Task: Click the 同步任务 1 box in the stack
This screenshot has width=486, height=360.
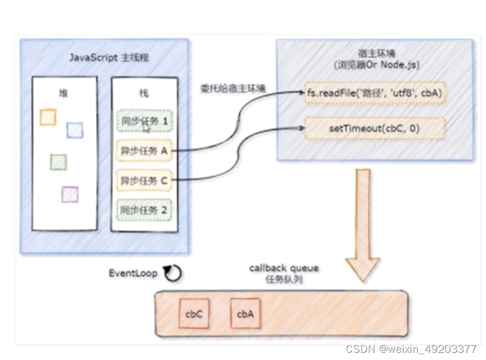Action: coord(144,121)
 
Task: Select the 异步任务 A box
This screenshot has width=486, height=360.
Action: coord(144,151)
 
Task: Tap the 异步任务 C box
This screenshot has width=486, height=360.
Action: coord(144,180)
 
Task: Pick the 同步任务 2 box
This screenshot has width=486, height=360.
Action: coord(144,210)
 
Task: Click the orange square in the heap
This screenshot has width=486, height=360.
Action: coord(48,117)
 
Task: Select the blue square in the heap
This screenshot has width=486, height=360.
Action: coord(75,130)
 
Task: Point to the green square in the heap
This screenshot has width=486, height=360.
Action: coord(58,162)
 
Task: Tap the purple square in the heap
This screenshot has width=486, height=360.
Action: coord(70,194)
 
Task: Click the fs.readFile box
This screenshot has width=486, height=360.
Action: coord(374,93)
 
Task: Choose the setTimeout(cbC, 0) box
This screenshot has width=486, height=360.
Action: coord(374,128)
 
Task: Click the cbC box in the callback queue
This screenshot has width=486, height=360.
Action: coord(193,314)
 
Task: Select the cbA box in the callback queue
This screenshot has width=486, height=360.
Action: coord(245,314)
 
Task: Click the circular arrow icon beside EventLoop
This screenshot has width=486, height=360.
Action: coord(173,273)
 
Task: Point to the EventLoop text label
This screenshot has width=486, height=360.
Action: coord(133,273)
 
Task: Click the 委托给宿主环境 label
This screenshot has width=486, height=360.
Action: coord(233,88)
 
